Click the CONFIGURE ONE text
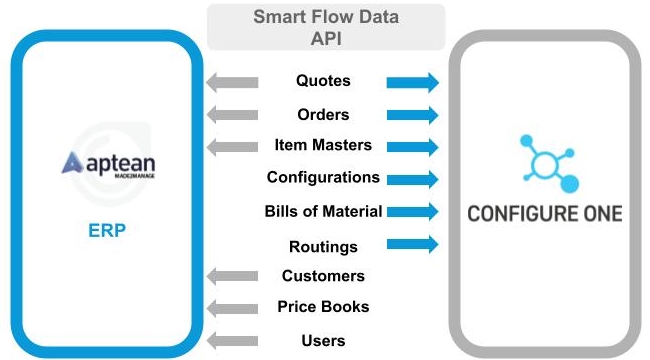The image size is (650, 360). (x=545, y=213)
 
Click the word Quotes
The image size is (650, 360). (x=323, y=80)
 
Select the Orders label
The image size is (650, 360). (x=323, y=113)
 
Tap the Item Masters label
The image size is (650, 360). (x=323, y=145)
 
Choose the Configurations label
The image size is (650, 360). (x=323, y=177)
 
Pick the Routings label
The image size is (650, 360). (x=323, y=246)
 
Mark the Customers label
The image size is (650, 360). (x=323, y=275)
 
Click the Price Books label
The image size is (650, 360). (x=323, y=306)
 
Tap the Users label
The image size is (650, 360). (x=323, y=340)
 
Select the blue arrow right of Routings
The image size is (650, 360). (x=412, y=243)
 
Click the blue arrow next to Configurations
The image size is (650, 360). (x=412, y=179)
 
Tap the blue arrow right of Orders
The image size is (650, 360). (x=412, y=114)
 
